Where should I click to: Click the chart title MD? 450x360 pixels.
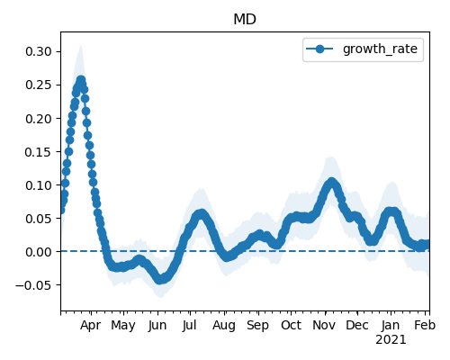pyautogui.click(x=245, y=20)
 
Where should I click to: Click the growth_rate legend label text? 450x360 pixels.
pyautogui.click(x=380, y=49)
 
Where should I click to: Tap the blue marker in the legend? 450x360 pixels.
pyautogui.click(x=319, y=49)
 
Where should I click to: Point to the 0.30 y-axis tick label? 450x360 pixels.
pyautogui.click(x=39, y=51)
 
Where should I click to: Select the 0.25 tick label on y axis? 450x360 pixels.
pyautogui.click(x=39, y=85)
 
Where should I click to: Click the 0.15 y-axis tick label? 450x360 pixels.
pyautogui.click(x=39, y=152)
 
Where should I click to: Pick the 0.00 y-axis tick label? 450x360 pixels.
pyautogui.click(x=39, y=252)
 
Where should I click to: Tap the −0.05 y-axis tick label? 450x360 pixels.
pyautogui.click(x=33, y=285)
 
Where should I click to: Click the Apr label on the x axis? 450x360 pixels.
pyautogui.click(x=90, y=326)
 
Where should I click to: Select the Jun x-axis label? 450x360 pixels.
pyautogui.click(x=157, y=326)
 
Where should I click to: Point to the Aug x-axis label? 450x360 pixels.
pyautogui.click(x=224, y=326)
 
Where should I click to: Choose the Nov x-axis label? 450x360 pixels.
pyautogui.click(x=324, y=325)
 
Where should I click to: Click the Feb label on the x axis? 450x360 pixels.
pyautogui.click(x=425, y=325)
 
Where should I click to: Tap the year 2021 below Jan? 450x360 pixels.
pyautogui.click(x=391, y=340)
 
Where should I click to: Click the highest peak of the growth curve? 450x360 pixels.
pyautogui.click(x=81, y=80)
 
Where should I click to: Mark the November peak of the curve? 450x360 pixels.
pyautogui.click(x=331, y=182)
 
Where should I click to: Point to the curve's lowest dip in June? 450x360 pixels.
pyautogui.click(x=160, y=280)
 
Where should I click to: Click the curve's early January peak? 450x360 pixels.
pyautogui.click(x=391, y=211)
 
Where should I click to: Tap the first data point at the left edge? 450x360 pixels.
pyautogui.click(x=61, y=210)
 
